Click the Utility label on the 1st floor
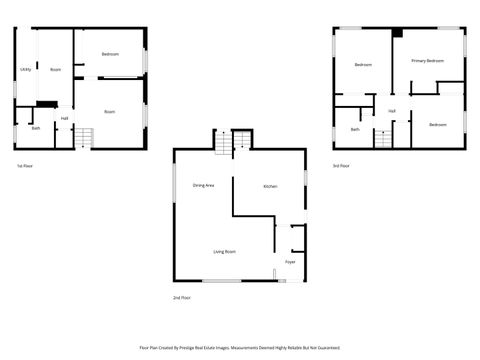[25, 69]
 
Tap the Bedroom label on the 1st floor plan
[110, 53]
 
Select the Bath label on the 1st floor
[36, 128]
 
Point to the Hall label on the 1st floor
[64, 119]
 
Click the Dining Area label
[204, 186]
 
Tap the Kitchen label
[270, 187]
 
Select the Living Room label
[223, 251]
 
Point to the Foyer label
[290, 262]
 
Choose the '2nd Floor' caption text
[183, 298]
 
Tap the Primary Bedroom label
[427, 61]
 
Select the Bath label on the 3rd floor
[355, 129]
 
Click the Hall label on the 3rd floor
[392, 110]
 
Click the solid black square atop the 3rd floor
[397, 33]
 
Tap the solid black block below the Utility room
[46, 104]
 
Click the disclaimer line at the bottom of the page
[240, 348]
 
